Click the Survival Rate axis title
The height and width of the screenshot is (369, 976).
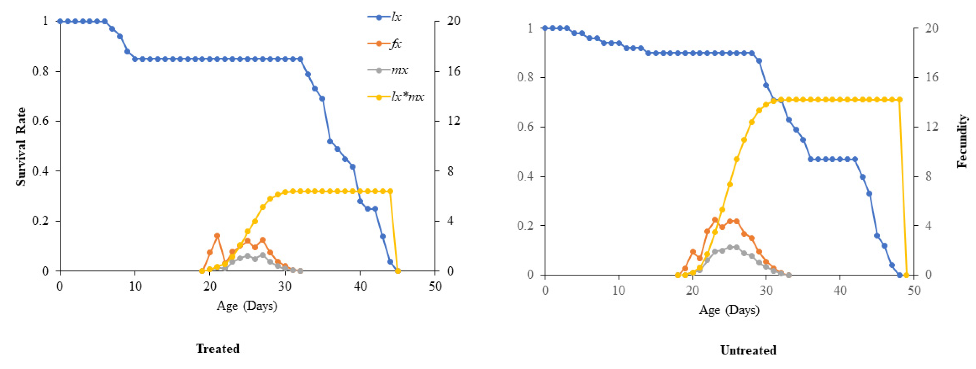[21, 147]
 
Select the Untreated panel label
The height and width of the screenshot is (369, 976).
[748, 350]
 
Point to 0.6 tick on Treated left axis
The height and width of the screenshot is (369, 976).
[41, 121]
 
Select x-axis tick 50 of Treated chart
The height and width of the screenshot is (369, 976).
[435, 287]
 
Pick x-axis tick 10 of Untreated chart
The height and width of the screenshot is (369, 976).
[619, 291]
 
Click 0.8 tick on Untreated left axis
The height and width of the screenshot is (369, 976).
[525, 77]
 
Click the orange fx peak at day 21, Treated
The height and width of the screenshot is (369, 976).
[217, 236]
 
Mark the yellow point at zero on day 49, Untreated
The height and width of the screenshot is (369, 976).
[906, 275]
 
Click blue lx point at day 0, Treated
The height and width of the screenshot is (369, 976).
[60, 21]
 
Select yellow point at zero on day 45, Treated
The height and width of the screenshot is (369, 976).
[398, 271]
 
